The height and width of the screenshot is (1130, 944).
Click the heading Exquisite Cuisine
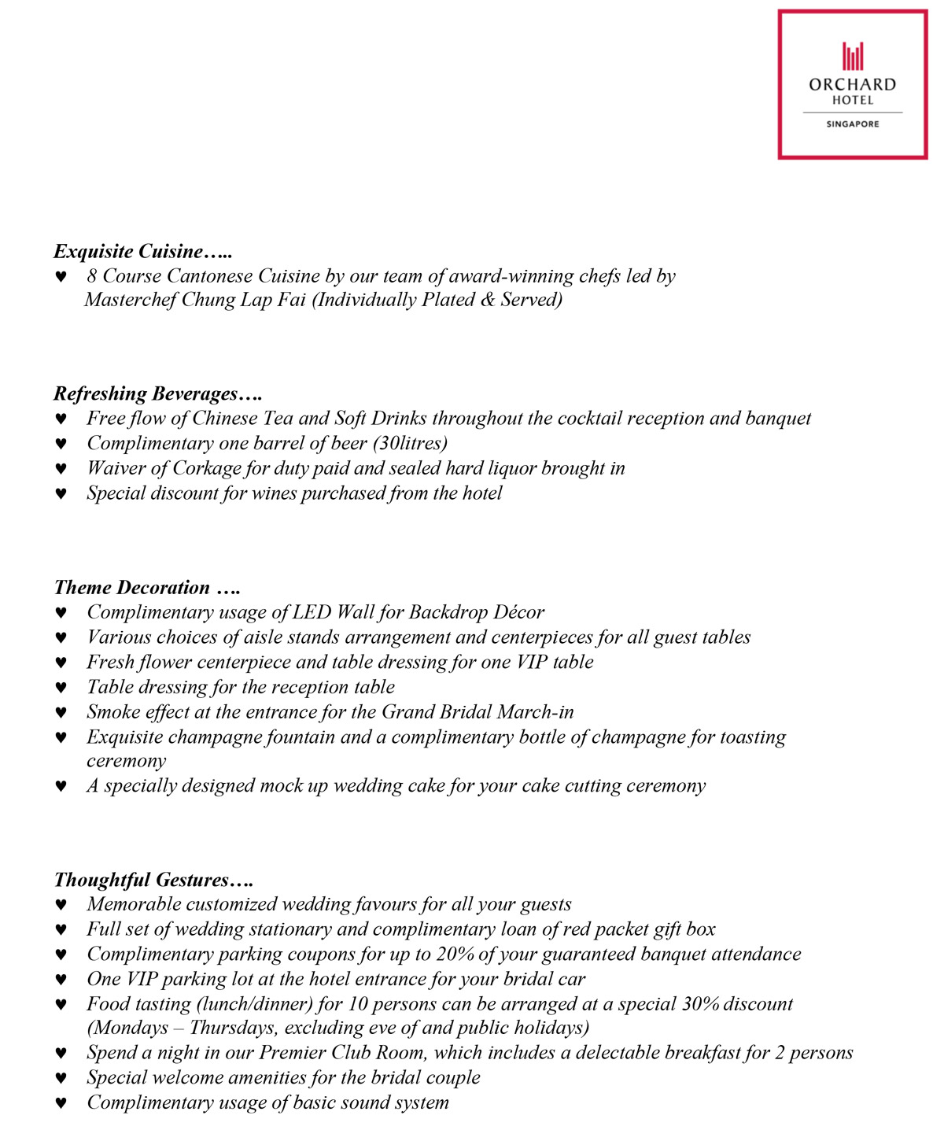142,252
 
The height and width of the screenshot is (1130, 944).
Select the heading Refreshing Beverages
157,393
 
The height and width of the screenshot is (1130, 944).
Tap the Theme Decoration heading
146,588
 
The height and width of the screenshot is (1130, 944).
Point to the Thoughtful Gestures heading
153,880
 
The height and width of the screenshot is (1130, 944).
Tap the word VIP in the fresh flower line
531,662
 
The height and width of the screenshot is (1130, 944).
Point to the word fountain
301,737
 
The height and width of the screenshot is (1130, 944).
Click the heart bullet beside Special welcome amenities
61,1078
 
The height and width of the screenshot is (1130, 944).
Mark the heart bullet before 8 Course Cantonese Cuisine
61,277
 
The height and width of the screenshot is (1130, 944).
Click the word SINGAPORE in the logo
853,124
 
